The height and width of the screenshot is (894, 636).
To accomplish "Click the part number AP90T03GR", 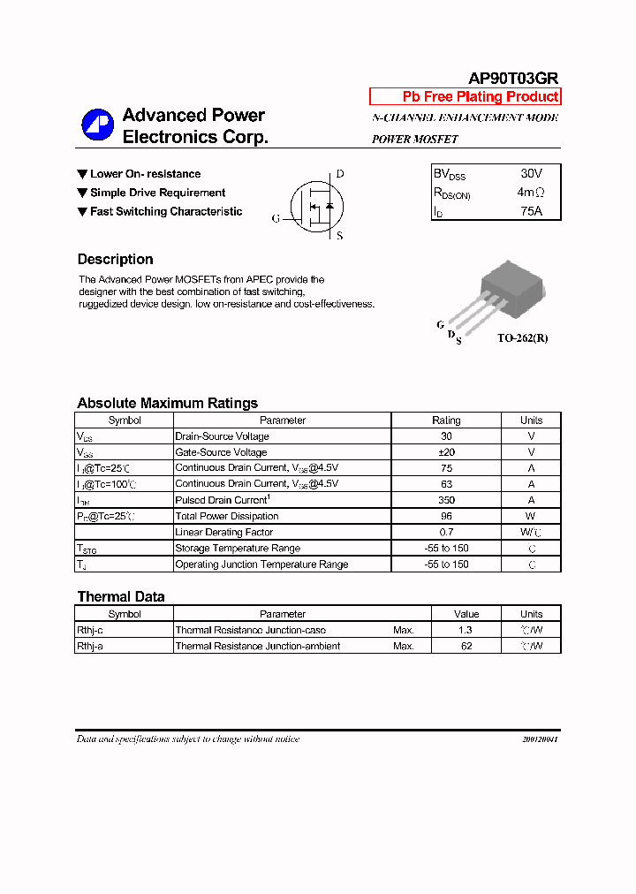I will [512, 78].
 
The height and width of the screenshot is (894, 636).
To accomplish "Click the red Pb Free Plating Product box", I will [465, 97].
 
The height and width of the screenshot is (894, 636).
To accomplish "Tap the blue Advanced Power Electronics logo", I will [97, 125].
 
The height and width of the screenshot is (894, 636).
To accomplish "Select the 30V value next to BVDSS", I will [531, 174].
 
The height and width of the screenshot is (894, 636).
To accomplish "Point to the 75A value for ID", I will [531, 211].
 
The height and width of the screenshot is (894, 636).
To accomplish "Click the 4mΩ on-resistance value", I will [531, 193].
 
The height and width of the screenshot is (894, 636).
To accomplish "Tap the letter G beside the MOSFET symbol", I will [276, 218].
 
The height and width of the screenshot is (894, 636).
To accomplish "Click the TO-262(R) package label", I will [522, 338].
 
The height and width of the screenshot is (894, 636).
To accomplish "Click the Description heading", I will [115, 260].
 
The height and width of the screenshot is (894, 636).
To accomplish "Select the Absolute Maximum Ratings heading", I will [167, 403].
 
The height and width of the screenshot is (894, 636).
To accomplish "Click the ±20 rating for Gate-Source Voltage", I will [446, 452].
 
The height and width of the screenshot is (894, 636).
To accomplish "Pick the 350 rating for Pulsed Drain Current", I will [446, 500].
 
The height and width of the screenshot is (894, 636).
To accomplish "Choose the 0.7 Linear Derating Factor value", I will [446, 532].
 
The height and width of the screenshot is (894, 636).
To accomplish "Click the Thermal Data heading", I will [120, 596].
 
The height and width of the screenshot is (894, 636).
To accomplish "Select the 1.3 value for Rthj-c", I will [466, 630].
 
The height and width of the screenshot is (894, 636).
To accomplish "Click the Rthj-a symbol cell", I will [90, 646].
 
